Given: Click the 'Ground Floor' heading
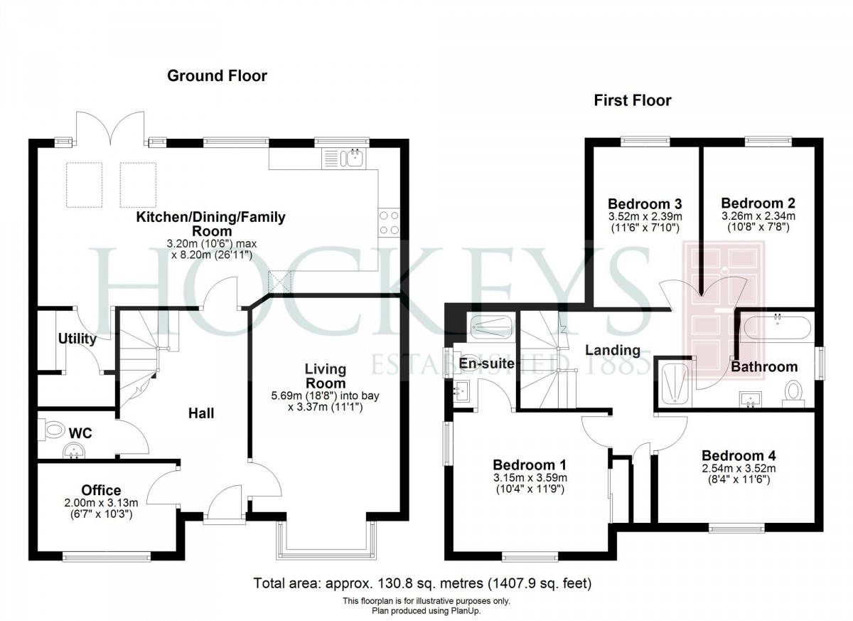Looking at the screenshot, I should click(x=217, y=75).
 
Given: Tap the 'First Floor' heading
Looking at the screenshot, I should click(x=632, y=100).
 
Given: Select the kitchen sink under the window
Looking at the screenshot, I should click(x=353, y=157).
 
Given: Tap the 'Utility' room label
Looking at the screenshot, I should click(x=77, y=339).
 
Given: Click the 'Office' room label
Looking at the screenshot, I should click(x=101, y=490).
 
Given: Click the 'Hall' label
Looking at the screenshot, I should click(x=201, y=413).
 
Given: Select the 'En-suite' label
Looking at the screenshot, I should click(x=487, y=363).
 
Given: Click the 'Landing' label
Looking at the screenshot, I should click(x=612, y=350).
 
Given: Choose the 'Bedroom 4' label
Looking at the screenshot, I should click(x=739, y=455).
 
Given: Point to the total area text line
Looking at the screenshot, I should click(x=422, y=583).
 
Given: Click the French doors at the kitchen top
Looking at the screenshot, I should click(x=110, y=129).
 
